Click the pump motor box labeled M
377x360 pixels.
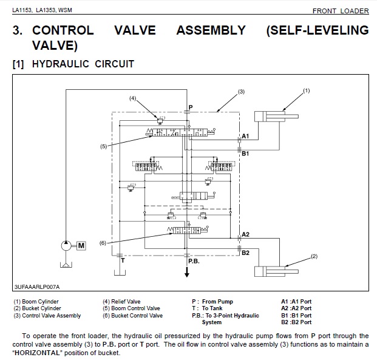pos(81,245)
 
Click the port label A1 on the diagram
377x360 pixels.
pos(245,137)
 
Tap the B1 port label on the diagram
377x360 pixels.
pos(245,154)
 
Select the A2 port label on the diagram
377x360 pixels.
pos(245,234)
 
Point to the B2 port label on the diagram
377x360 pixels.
pos(245,253)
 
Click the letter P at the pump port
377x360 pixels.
pos(190,107)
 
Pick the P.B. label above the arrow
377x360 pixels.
pos(194,261)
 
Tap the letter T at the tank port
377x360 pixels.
pos(122,261)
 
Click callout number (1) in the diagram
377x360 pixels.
pos(307,90)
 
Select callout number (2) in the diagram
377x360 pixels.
pos(314,256)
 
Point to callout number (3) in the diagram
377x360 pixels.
pos(240,92)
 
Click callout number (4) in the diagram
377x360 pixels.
pos(134,97)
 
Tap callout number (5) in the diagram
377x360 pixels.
pos(104,146)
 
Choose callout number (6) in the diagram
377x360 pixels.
pos(103,243)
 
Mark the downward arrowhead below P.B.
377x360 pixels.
pos(187,275)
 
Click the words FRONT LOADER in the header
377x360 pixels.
pos(340,11)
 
